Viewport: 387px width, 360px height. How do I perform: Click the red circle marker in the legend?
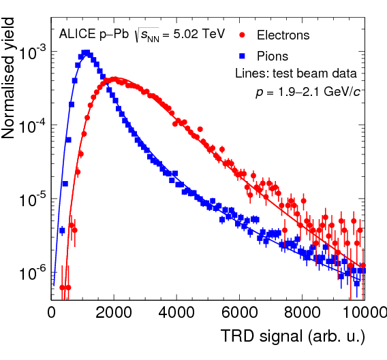243,35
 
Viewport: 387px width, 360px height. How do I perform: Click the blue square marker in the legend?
243,56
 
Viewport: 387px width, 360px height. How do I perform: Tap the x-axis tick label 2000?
114,313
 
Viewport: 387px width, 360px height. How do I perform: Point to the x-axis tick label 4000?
176,313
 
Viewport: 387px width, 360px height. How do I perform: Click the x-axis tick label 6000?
239,313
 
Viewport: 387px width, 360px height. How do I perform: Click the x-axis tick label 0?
52,313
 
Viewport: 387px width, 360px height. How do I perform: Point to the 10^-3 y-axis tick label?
32,52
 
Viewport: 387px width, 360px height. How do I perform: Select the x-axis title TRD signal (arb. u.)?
293,336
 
